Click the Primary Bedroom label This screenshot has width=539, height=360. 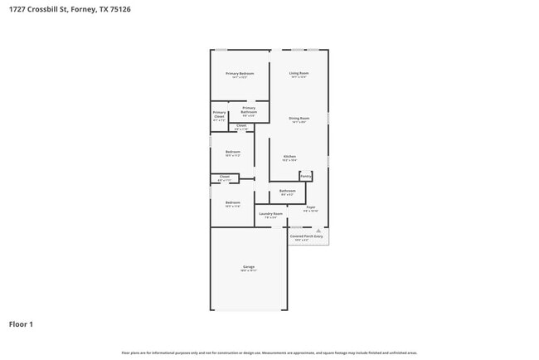pyautogui.click(x=240, y=74)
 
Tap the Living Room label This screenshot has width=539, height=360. pyautogui.click(x=299, y=74)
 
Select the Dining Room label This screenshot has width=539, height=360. pyautogui.click(x=299, y=119)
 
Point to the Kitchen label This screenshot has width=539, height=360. pyautogui.click(x=289, y=157)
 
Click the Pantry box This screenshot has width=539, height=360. pyautogui.click(x=306, y=176)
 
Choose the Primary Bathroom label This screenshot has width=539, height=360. pyautogui.click(x=249, y=109)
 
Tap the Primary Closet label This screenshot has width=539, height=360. pyautogui.click(x=219, y=115)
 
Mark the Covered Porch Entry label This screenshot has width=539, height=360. pyautogui.click(x=307, y=236)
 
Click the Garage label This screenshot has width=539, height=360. pyautogui.click(x=248, y=267)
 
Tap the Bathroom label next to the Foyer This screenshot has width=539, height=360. pyautogui.click(x=287, y=192)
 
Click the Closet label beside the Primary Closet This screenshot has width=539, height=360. pyautogui.click(x=241, y=126)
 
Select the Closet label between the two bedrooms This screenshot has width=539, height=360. pyautogui.click(x=224, y=177)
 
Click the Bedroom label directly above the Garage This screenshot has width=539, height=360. pyautogui.click(x=233, y=203)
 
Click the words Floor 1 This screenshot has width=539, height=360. pyautogui.click(x=21, y=324)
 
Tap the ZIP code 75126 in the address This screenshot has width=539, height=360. pyautogui.click(x=119, y=9)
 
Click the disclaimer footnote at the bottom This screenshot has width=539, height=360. pyautogui.click(x=269, y=353)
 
